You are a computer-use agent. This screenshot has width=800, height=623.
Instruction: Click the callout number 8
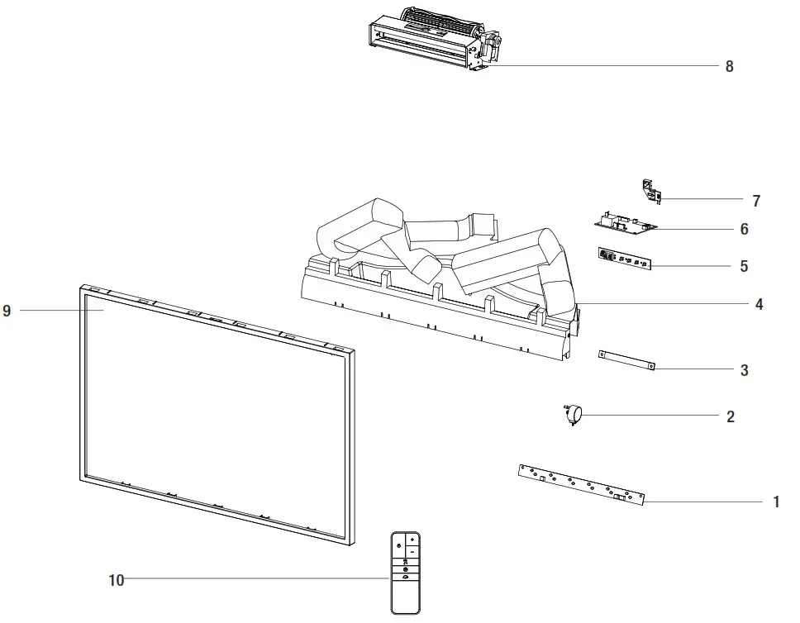(x=729, y=66)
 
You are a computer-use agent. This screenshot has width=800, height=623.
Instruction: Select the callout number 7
(x=756, y=201)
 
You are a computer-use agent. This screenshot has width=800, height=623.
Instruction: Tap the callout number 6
(x=744, y=230)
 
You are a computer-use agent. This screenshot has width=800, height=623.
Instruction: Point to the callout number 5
(x=744, y=267)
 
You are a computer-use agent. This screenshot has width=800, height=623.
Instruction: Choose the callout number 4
(x=759, y=305)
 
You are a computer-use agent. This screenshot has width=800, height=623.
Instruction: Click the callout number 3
(x=744, y=371)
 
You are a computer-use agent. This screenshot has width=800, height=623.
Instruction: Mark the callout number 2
(x=731, y=417)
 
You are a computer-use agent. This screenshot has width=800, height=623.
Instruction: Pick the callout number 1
(x=776, y=502)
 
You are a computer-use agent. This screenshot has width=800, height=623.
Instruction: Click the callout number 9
(x=7, y=311)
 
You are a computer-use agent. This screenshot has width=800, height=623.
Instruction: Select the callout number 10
(x=117, y=581)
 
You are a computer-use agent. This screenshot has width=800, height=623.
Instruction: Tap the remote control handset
(x=405, y=572)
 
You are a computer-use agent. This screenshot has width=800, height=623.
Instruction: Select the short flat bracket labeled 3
(x=627, y=359)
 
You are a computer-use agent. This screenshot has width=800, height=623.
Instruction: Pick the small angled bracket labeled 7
(x=651, y=191)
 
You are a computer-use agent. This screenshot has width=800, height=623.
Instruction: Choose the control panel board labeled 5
(x=623, y=259)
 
